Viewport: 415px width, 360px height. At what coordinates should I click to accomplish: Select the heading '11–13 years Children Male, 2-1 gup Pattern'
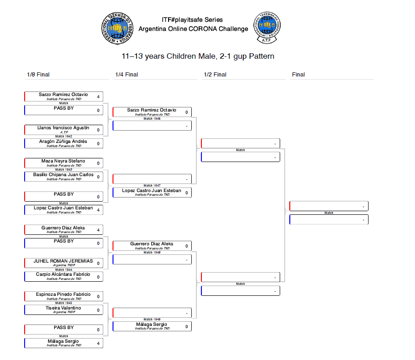click(x=198, y=56)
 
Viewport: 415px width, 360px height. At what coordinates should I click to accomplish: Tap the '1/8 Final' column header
click(x=38, y=75)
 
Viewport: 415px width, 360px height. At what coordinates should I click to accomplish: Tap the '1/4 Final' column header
click(x=127, y=75)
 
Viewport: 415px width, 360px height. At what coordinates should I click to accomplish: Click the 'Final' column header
click(x=298, y=75)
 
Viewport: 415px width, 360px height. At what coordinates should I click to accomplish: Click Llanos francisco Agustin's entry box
click(x=63, y=130)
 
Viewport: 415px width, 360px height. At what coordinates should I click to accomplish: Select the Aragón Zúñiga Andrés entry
click(x=63, y=143)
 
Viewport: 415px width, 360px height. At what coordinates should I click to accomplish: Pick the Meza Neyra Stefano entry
click(x=63, y=163)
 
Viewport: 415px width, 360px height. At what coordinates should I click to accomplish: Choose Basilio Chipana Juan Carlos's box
click(x=63, y=177)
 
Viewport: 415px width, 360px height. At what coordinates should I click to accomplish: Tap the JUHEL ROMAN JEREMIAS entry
click(x=63, y=263)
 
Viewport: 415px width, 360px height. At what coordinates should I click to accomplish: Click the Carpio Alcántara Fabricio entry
click(x=63, y=276)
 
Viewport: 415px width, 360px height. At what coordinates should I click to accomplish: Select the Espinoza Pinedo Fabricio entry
click(x=63, y=296)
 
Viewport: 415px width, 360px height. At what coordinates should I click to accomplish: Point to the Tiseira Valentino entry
click(x=63, y=310)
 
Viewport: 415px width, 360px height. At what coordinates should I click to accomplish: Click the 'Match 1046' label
click(x=152, y=119)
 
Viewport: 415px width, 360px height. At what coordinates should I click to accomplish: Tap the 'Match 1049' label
click(x=152, y=319)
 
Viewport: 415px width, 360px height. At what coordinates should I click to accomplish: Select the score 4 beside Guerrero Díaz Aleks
click(x=98, y=230)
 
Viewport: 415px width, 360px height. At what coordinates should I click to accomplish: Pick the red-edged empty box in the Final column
click(x=328, y=206)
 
